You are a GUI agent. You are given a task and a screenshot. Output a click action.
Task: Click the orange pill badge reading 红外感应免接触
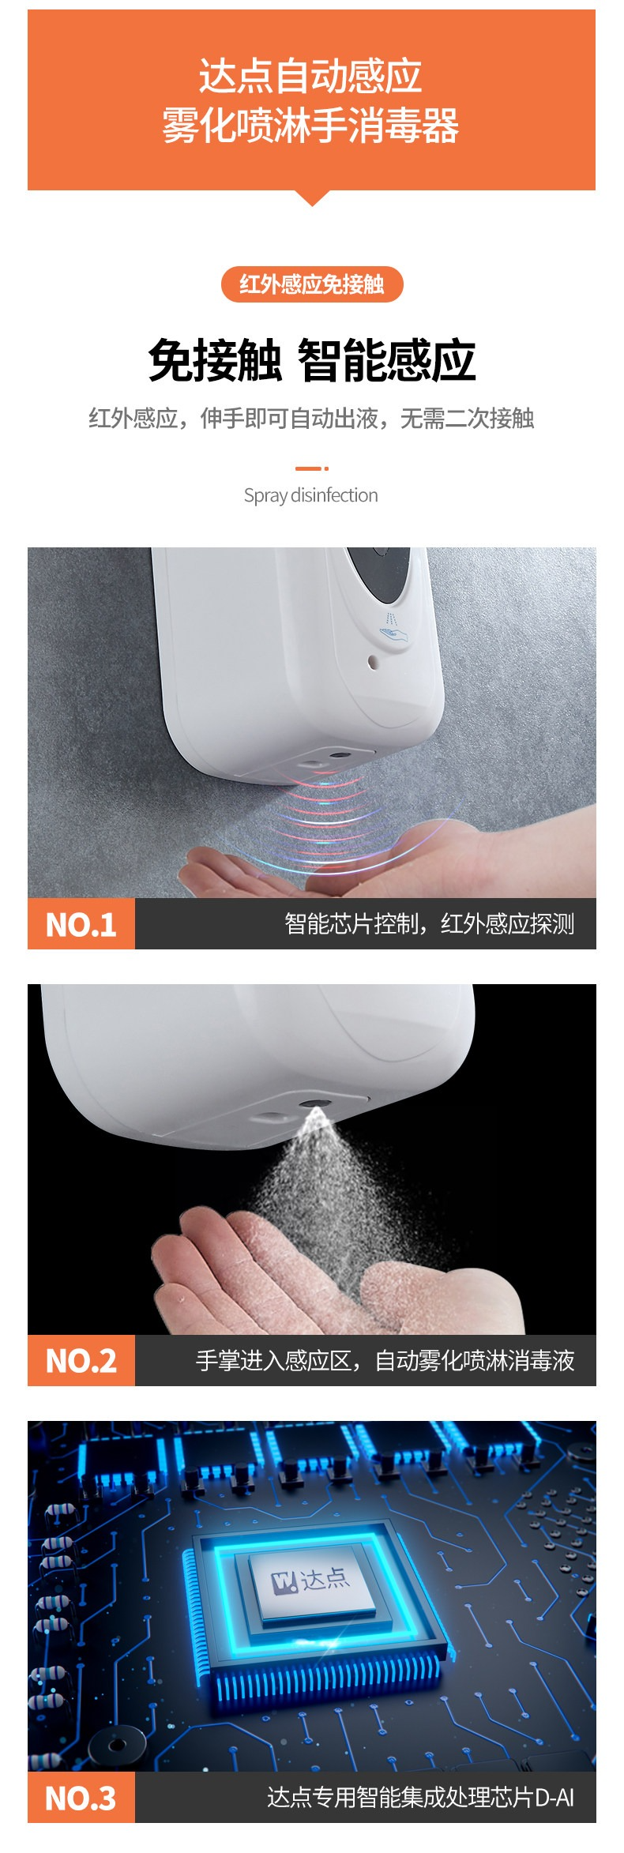tap(312, 284)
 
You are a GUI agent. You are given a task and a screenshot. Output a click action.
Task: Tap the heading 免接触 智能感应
tap(312, 360)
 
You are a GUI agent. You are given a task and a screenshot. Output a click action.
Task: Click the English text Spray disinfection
tap(311, 495)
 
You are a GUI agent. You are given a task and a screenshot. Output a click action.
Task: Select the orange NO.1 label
tap(81, 923)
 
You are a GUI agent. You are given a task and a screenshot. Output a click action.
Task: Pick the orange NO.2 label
tap(81, 1360)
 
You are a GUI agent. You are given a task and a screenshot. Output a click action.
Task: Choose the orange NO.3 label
tap(81, 1798)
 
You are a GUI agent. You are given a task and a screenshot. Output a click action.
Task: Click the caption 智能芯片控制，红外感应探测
tap(430, 923)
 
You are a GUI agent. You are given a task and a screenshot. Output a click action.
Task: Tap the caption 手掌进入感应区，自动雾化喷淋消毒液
tap(385, 1360)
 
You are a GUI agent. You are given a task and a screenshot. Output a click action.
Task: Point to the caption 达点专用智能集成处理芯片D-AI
tap(421, 1798)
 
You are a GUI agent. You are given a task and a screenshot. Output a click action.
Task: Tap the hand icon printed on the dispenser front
tap(393, 628)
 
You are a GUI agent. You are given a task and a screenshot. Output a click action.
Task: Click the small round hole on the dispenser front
tap(373, 662)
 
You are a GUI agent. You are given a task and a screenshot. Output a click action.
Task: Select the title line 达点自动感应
tap(310, 77)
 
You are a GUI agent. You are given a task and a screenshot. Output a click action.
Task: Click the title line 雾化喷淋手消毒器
tap(310, 126)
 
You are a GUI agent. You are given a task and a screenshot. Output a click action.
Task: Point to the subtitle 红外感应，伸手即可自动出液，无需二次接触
tap(311, 418)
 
